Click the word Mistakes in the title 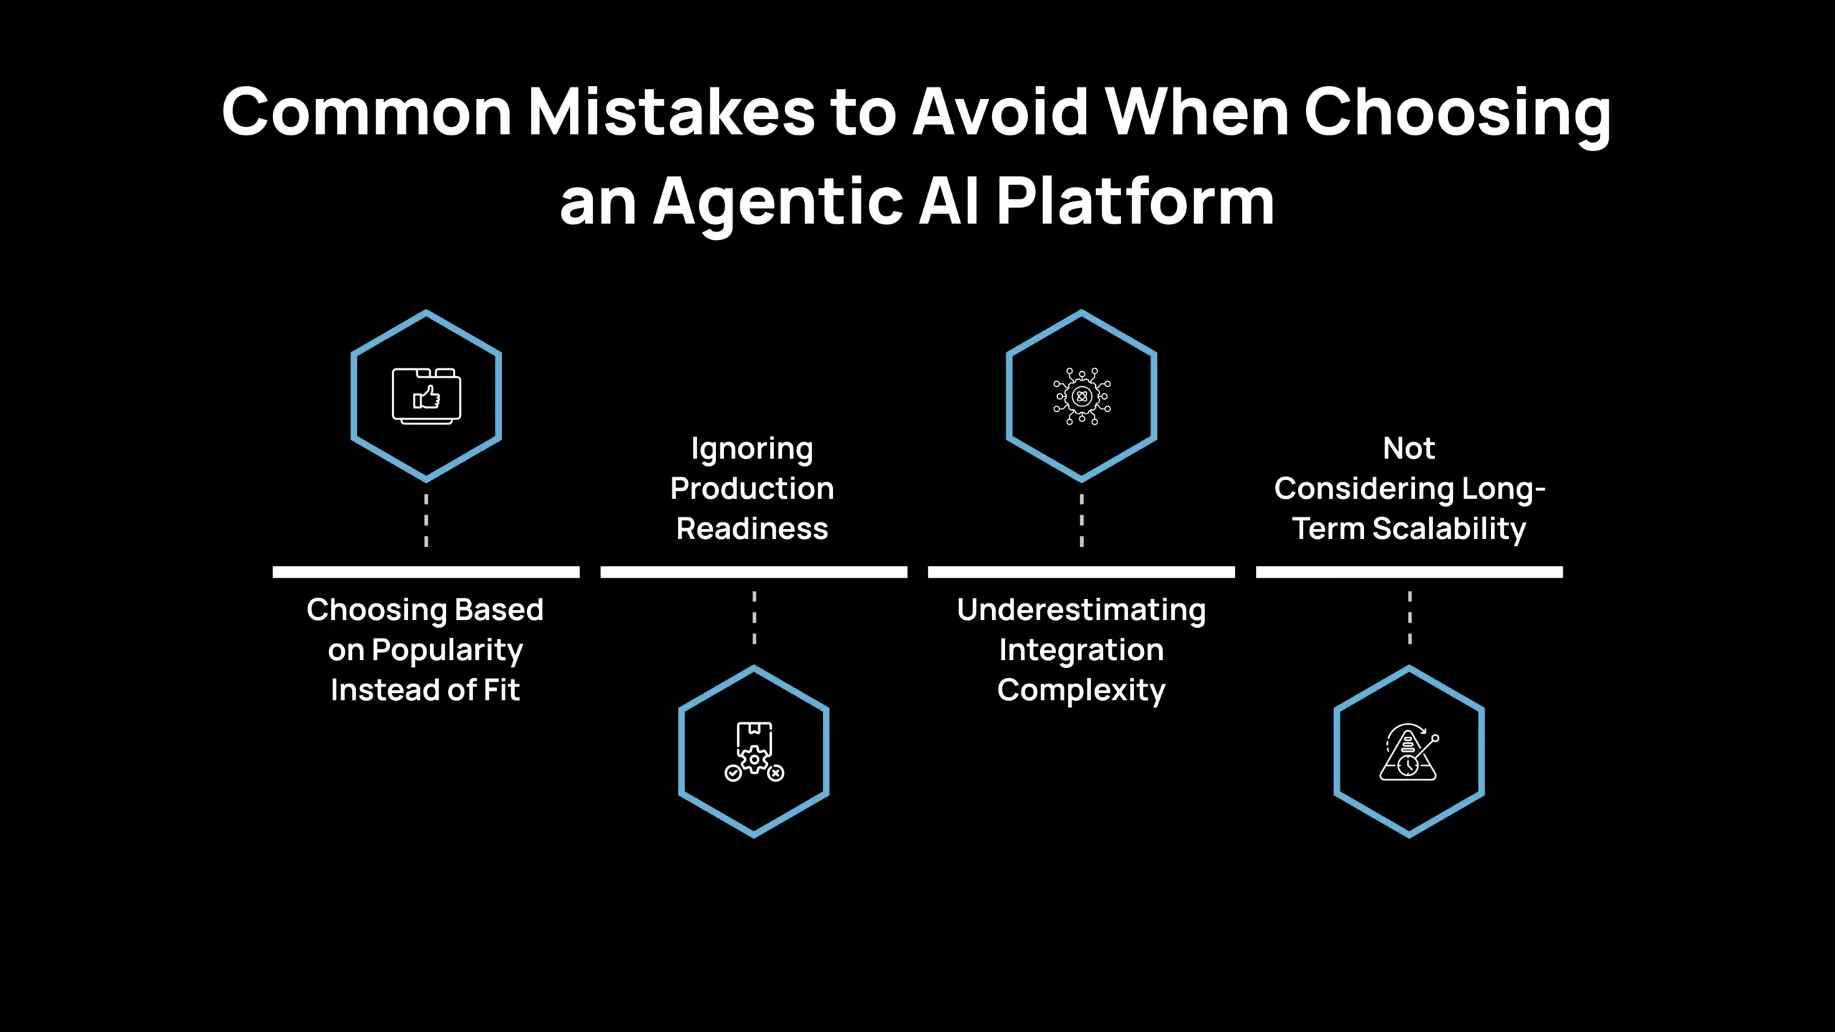(x=671, y=113)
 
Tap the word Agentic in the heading (x=778, y=203)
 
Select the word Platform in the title (x=1135, y=203)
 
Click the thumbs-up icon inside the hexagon (x=426, y=396)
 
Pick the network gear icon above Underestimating (x=1082, y=396)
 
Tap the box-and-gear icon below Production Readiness (x=754, y=751)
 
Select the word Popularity (x=447, y=651)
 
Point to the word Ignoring (x=752, y=449)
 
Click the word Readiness (x=752, y=529)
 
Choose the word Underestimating (x=1082, y=610)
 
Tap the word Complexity (x=1082, y=691)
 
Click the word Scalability (x=1449, y=529)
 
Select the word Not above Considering (x=1409, y=449)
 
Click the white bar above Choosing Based (x=426, y=572)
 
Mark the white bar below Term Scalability (x=1409, y=572)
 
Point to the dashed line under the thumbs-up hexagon (x=426, y=520)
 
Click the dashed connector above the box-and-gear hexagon (x=754, y=618)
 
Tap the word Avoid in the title (x=1001, y=113)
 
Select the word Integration (x=1082, y=650)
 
